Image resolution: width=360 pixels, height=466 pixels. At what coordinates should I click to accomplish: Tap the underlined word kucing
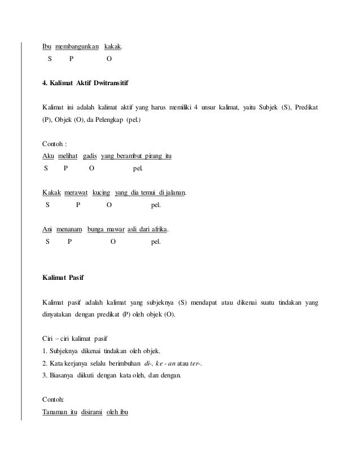(101, 193)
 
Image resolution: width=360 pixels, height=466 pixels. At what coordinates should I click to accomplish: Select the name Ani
(48, 230)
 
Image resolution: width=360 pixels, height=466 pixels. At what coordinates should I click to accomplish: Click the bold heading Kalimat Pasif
(64, 278)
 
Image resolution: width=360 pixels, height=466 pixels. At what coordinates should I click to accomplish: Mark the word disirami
(94, 412)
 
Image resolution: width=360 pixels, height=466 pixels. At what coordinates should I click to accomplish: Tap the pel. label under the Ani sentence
(156, 242)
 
